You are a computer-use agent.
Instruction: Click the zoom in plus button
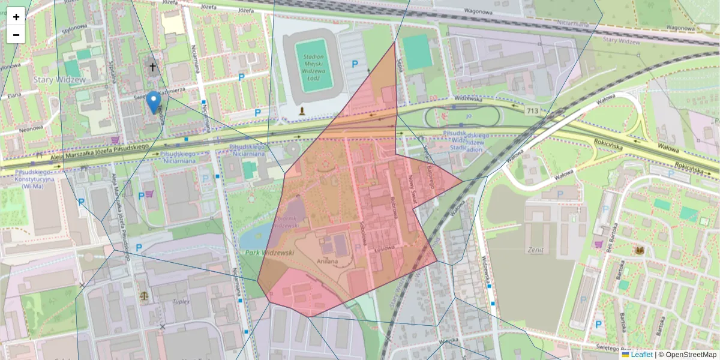coord(16,17)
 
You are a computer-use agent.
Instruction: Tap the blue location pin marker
coord(154,102)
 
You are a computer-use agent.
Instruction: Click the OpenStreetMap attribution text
coord(690,355)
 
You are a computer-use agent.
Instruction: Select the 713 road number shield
coord(532,110)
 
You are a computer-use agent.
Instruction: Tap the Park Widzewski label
coord(269,253)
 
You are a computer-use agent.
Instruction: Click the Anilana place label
coord(328,261)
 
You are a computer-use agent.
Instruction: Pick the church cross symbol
coord(152,67)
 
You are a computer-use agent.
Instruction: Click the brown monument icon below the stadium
coord(302,111)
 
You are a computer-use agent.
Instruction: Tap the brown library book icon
coord(640,250)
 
